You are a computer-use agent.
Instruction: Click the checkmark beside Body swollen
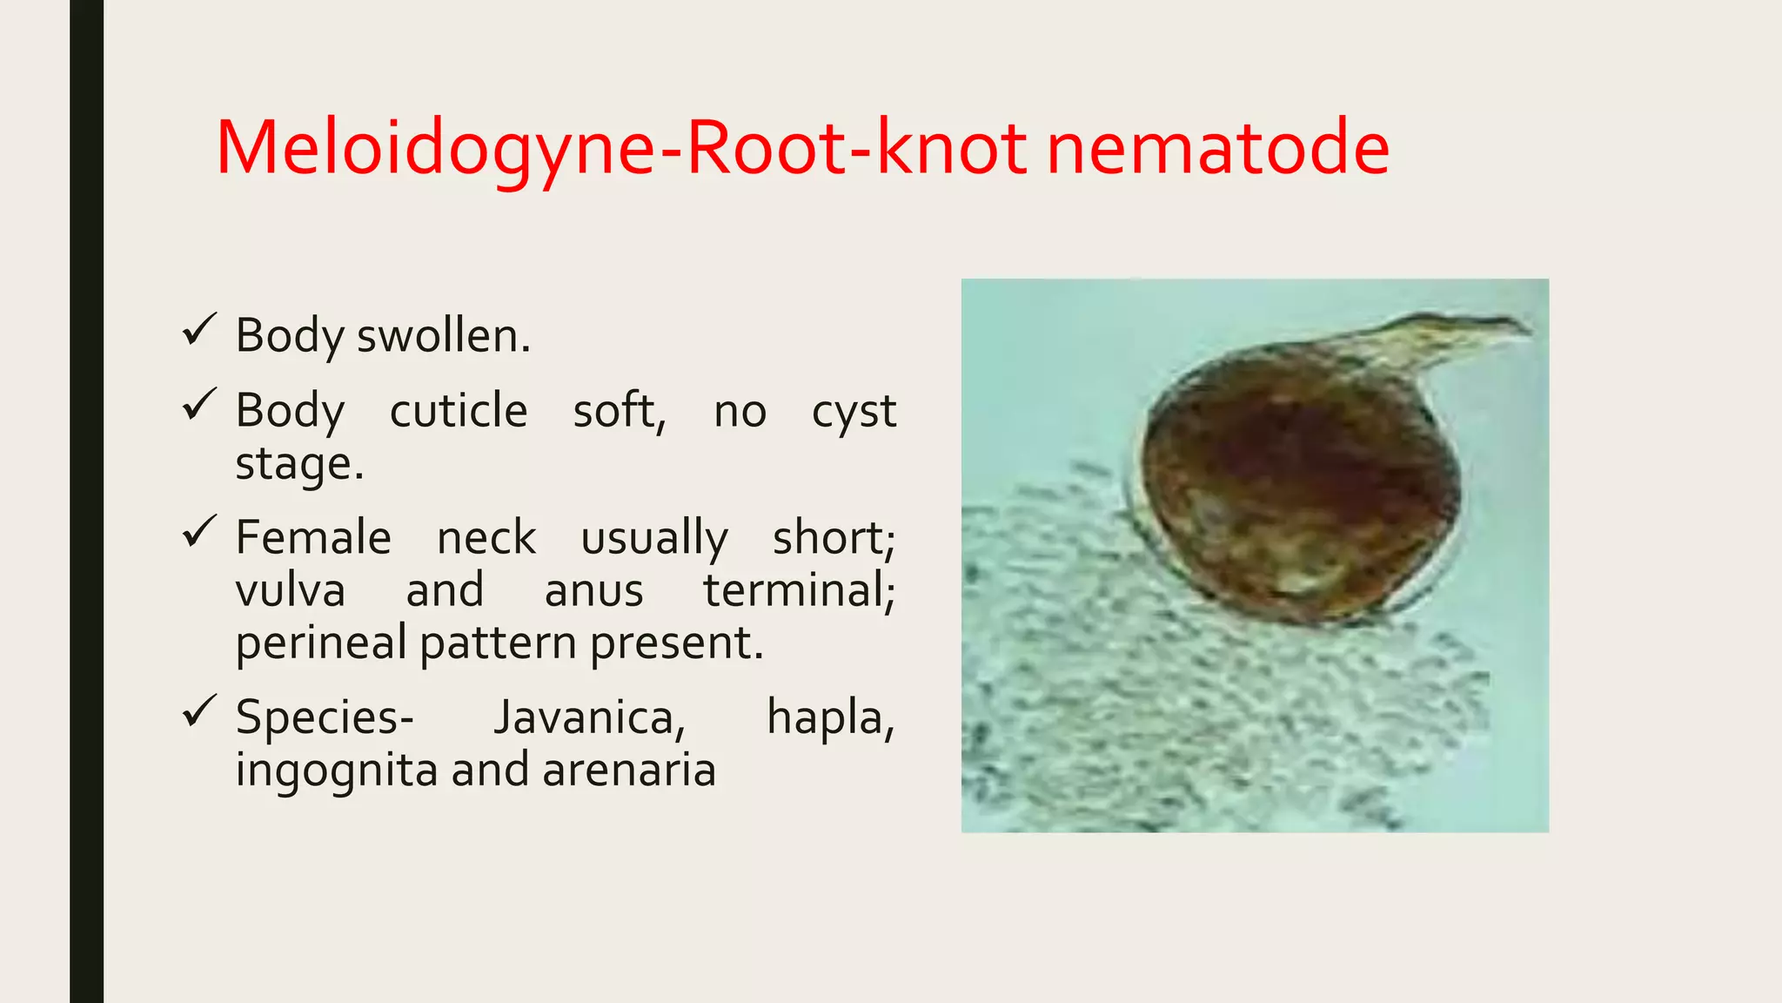pos(199,331)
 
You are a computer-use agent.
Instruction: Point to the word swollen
pos(443,336)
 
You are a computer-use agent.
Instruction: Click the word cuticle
pos(458,411)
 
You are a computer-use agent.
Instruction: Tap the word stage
pos(298,464)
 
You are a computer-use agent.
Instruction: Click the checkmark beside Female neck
pos(199,532)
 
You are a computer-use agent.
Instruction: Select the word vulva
pos(291,590)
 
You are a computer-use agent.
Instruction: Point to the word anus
pos(593,590)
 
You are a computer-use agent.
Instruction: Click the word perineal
pos(321,644)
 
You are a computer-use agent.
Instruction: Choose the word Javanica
pos(589,719)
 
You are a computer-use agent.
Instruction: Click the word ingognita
pos(336,771)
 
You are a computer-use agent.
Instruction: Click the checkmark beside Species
pos(199,712)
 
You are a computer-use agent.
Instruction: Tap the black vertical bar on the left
pos(86,501)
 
